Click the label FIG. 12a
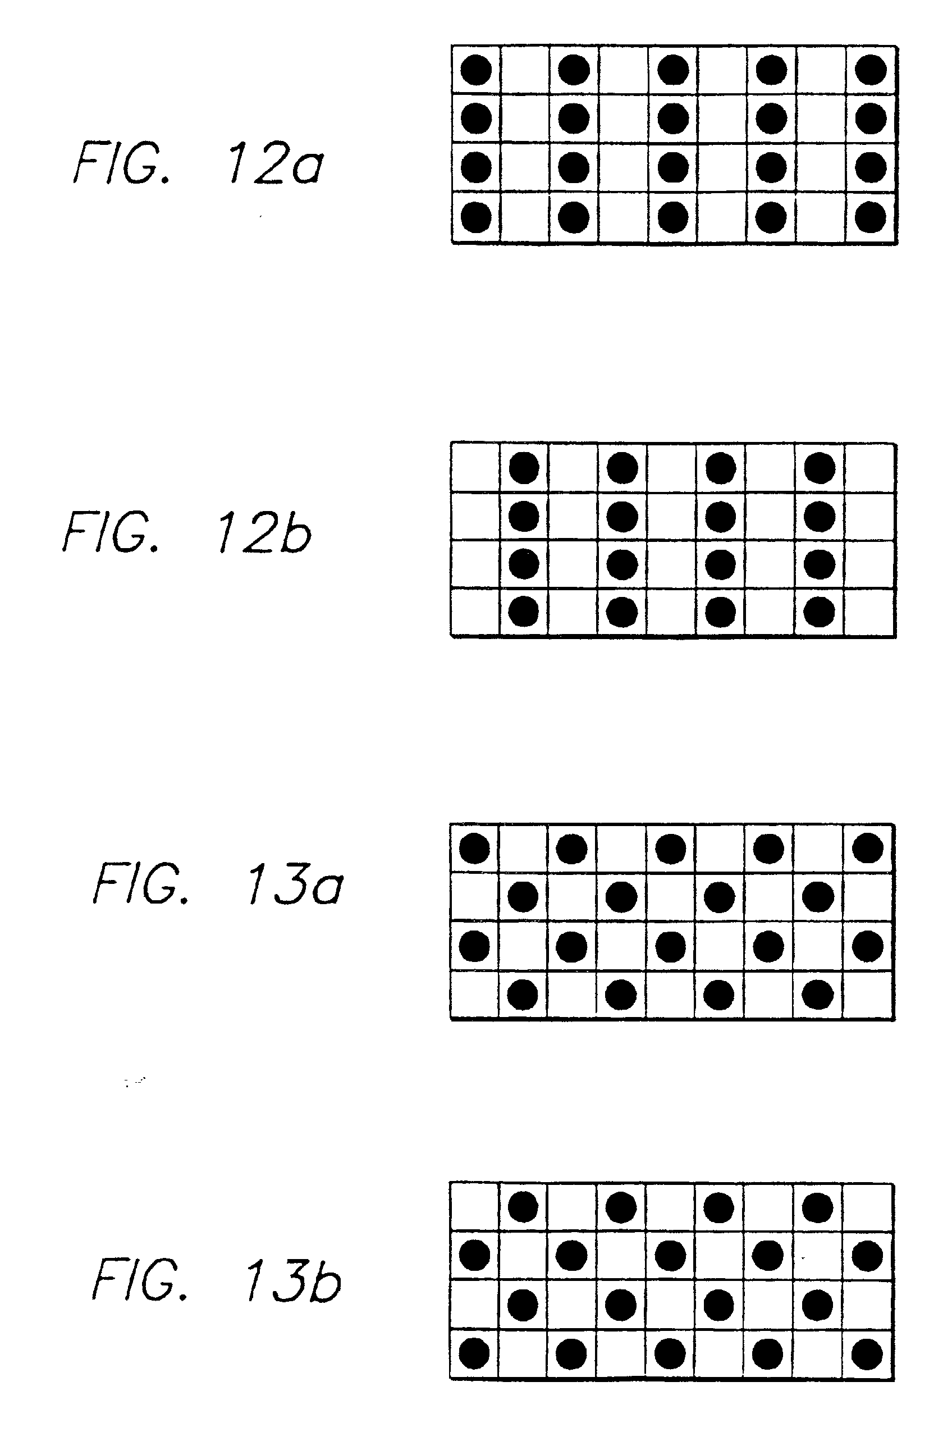tap(199, 163)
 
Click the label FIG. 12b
tap(187, 532)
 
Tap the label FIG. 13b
tap(216, 1279)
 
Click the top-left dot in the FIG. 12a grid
tap(476, 69)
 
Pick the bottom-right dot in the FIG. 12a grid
tap(870, 217)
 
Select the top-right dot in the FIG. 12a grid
tap(870, 69)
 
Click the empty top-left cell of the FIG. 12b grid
tap(475, 468)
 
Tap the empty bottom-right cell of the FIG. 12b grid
tap(869, 612)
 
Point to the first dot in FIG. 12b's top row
tap(524, 468)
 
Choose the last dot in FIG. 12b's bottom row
tap(819, 612)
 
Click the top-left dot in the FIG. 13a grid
tap(475, 848)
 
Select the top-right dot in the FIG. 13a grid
tap(868, 848)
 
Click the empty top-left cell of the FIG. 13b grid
tap(474, 1207)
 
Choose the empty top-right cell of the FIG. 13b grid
tap(868, 1207)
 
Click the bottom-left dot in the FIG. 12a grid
tap(476, 217)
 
